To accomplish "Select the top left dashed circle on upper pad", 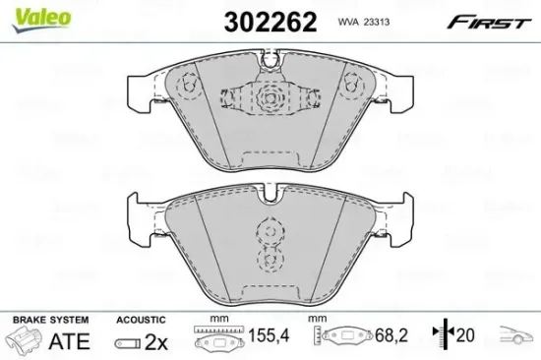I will coord(187,86).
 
